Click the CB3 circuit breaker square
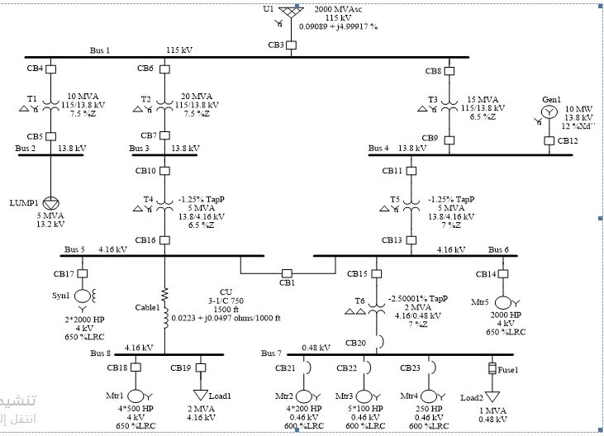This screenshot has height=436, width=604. click(291, 45)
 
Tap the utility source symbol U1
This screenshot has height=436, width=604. click(291, 13)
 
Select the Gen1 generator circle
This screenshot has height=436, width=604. click(549, 111)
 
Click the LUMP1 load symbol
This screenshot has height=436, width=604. click(51, 202)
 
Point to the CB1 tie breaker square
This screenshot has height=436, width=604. click(288, 272)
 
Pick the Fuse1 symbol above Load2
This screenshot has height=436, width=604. click(492, 368)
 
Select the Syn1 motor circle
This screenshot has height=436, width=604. click(83, 296)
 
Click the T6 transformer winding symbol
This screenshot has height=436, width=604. click(377, 310)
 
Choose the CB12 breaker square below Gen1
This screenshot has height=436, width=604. click(549, 140)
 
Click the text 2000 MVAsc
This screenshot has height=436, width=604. click(340, 9)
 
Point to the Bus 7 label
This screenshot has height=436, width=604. click(273, 353)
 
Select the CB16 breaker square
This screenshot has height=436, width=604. click(164, 240)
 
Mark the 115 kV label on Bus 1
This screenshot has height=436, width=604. click(179, 50)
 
